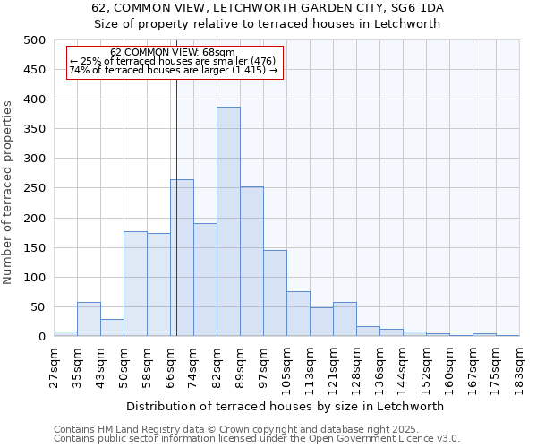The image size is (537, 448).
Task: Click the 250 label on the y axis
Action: click(x=35, y=189)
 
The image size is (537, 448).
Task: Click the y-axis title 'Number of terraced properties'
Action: click(x=9, y=192)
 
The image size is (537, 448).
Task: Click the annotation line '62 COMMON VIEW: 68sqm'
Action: click(x=173, y=53)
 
